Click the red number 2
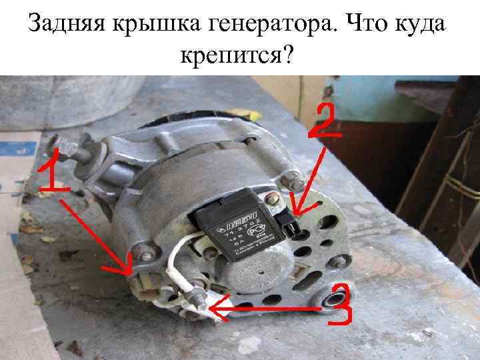tap(327, 121)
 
